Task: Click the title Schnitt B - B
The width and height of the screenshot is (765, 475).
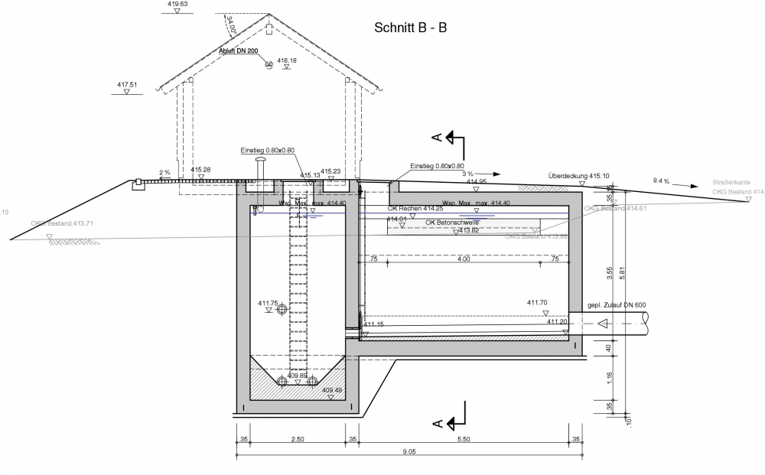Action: (x=410, y=28)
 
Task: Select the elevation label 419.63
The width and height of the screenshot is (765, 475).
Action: (x=177, y=4)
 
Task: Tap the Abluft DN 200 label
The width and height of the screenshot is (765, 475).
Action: (x=239, y=52)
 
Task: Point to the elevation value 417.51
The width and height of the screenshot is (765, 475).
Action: (x=127, y=84)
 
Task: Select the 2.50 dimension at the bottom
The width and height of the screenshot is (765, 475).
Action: (x=298, y=439)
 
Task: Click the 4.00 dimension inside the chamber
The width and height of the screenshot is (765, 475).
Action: (x=464, y=259)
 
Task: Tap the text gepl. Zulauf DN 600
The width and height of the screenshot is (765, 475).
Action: (x=617, y=306)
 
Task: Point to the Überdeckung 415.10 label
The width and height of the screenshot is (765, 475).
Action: (x=579, y=175)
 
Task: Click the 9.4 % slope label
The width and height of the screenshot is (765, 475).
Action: (x=661, y=181)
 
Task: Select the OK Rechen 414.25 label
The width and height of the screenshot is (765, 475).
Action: (x=415, y=208)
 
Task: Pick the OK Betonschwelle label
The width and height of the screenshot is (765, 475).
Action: (x=452, y=222)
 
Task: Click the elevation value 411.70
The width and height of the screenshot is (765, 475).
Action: (x=538, y=303)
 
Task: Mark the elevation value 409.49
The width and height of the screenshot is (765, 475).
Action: (x=331, y=390)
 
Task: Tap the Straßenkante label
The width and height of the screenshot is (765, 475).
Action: (x=731, y=183)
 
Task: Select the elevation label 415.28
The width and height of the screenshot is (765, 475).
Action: (x=201, y=170)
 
